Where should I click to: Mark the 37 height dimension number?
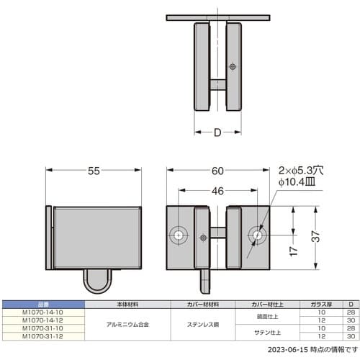pyautogui.click(x=318, y=236)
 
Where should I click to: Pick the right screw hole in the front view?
pyautogui.click(x=257, y=235)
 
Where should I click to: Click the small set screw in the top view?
pyautogui.click(x=232, y=66)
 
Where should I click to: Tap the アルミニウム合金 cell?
pyautogui.click(x=127, y=324)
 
